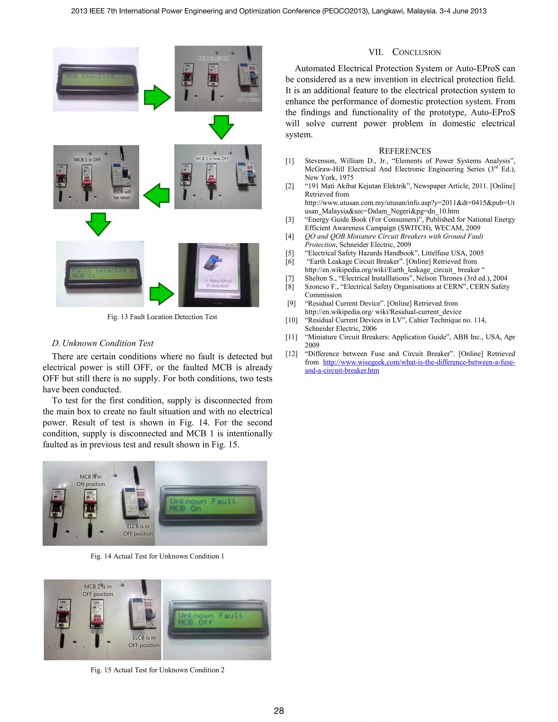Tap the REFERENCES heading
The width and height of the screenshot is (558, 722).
405,151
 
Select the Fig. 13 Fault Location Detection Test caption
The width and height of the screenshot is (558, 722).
162,317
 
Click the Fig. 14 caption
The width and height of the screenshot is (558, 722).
157,556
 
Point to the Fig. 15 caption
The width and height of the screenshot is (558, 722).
157,670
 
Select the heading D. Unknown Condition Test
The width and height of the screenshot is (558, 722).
102,343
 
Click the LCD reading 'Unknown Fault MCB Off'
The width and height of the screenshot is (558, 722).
217,619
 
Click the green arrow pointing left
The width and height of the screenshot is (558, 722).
157,195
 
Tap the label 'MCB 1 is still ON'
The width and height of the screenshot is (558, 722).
213,59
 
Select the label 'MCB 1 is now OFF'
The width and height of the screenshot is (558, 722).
212,159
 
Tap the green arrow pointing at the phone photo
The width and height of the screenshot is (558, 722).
162,293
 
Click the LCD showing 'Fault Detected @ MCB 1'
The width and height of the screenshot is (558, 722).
103,273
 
